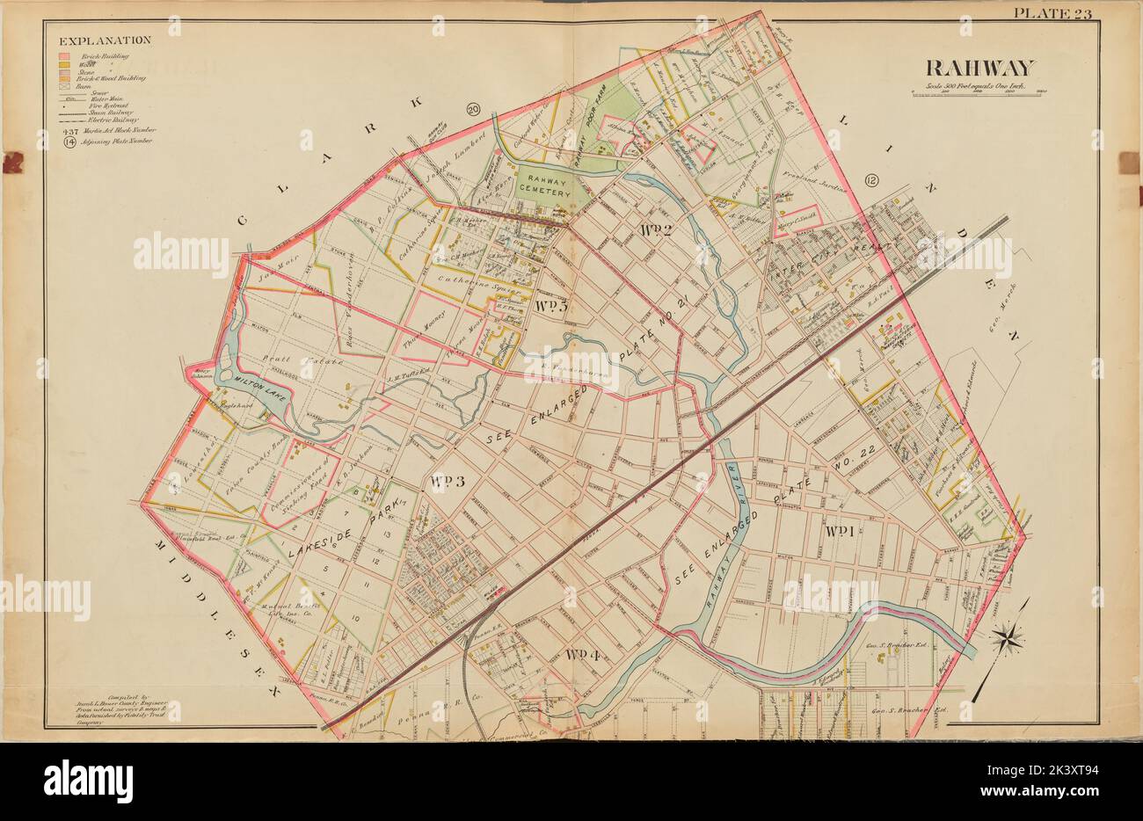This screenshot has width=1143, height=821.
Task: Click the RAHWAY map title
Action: [x=979, y=68]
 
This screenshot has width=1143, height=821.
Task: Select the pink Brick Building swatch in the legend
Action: [x=64, y=55]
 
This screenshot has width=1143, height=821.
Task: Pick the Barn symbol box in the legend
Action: [x=64, y=86]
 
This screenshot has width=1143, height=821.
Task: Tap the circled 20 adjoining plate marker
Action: [x=473, y=110]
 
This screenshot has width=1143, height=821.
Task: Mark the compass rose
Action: [x=1007, y=636]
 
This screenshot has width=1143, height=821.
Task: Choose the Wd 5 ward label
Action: [x=550, y=306]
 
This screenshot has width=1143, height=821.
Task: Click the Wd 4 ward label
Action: [x=582, y=654]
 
